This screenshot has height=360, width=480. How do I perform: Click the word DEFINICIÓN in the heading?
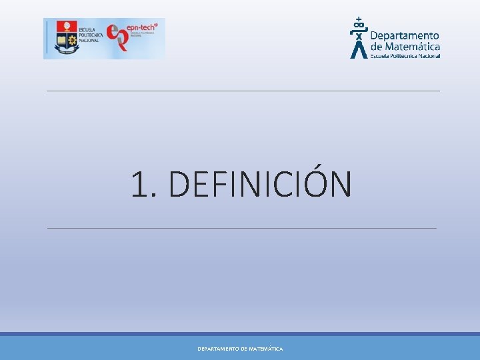(260, 185)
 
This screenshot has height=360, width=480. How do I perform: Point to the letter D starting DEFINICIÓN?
(179, 185)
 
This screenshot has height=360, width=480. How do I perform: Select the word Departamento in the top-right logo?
(405, 35)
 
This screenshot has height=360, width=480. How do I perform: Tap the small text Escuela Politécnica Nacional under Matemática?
(405, 56)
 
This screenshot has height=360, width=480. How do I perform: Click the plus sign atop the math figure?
(359, 19)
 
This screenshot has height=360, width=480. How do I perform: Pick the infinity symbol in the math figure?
(359, 27)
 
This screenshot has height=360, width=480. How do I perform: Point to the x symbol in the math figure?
(359, 36)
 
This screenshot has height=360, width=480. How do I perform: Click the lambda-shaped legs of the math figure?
(359, 50)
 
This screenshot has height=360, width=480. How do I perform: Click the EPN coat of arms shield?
(66, 37)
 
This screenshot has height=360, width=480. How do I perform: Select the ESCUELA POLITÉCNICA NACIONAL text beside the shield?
(89, 35)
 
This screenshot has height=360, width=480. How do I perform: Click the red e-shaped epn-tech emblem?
(118, 37)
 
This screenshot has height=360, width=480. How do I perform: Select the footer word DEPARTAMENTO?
(218, 349)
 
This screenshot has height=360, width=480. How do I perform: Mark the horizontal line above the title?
(243, 91)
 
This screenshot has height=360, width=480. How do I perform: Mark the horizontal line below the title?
(241, 228)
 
